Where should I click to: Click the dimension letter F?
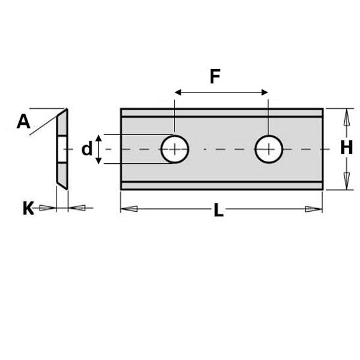coord(215,77)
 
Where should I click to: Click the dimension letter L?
coord(218,211)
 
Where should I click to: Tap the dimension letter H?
coord(346,148)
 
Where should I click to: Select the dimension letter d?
coord(87,149)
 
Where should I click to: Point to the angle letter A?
coord(23,122)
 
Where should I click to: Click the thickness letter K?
coord(28,209)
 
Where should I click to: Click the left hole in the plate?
coord(175,149)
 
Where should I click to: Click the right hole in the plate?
coord(269,149)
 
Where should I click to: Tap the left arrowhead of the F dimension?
coord(178,92)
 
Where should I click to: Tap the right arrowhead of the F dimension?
coord(265,92)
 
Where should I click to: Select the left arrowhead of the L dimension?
coord(128,209)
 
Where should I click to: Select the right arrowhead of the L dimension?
coord(314,209)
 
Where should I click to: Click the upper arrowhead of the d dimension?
coord(99,139)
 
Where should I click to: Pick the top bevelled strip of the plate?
coord(221,113)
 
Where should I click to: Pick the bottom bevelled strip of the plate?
coord(221,185)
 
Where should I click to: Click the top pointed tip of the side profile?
coord(66,110)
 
